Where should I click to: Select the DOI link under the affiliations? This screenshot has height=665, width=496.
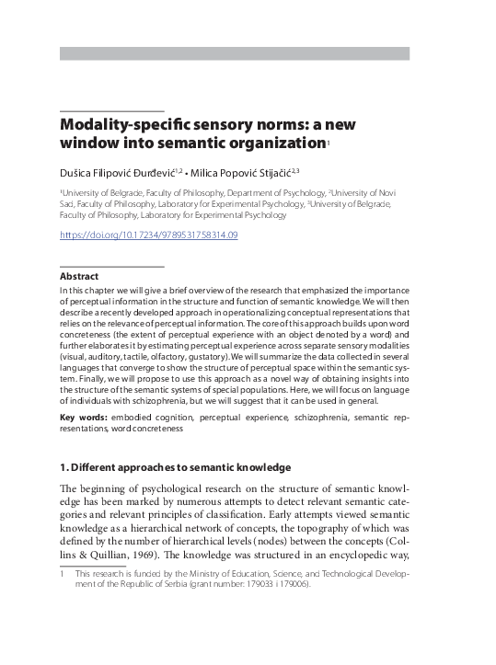click(149, 235)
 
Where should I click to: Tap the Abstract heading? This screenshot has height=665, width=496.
click(79, 276)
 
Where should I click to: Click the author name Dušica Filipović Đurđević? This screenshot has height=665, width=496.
click(118, 171)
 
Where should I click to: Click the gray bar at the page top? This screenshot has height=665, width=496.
click(235, 53)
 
